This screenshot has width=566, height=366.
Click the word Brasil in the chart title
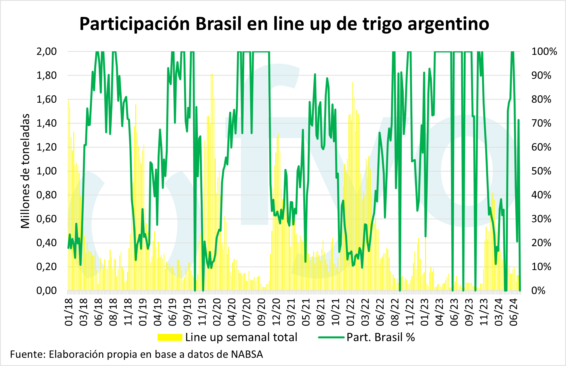(x=218, y=24)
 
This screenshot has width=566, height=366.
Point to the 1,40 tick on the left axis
(x=47, y=123)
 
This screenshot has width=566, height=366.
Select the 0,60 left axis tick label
(x=47, y=219)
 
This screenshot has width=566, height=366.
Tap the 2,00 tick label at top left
(x=47, y=52)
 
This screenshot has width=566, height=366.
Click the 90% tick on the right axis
(x=541, y=76)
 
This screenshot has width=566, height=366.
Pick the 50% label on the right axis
(x=541, y=171)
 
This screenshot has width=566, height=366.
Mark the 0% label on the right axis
(x=538, y=290)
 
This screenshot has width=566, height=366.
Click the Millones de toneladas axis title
(x=25, y=171)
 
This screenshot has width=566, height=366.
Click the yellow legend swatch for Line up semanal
(x=170, y=338)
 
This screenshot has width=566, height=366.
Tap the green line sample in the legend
(x=331, y=338)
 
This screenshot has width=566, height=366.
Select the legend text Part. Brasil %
(x=381, y=338)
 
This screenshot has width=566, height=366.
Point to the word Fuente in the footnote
(x=28, y=354)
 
